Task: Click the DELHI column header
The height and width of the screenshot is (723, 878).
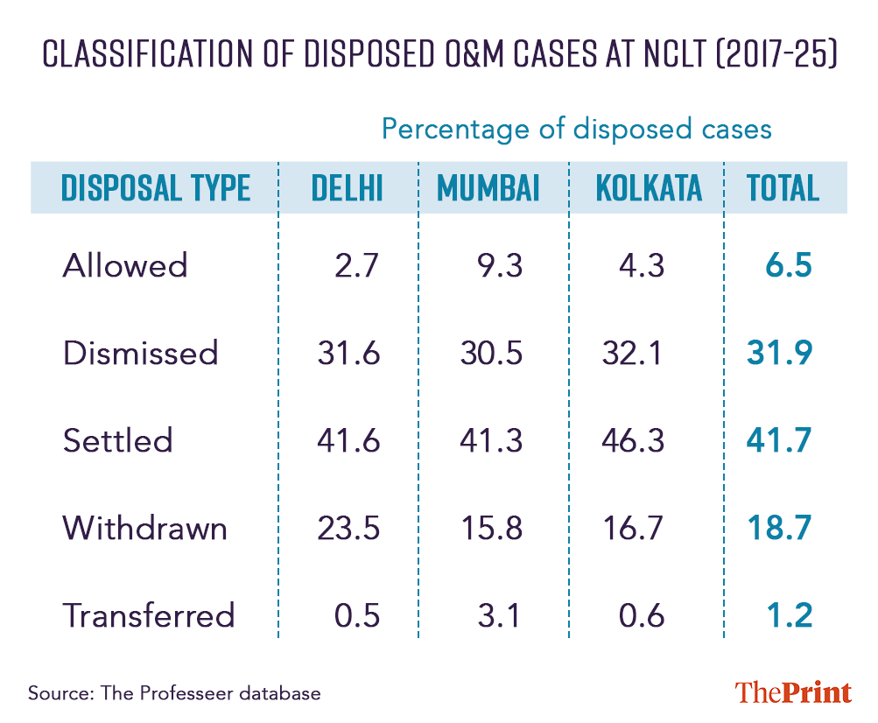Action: pos(348,187)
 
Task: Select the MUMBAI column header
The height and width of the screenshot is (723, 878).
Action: pos(488,187)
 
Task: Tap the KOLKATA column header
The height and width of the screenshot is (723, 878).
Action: pos(649,187)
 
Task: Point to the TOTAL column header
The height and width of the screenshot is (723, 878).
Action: pos(783,187)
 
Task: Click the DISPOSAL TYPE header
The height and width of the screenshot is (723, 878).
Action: pos(156,187)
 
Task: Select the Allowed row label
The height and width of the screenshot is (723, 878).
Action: pos(125,265)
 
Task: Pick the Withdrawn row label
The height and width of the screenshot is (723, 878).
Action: pos(145,528)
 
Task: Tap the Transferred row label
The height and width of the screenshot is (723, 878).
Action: pos(149,615)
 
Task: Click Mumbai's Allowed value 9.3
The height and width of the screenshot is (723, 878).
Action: pos(495,265)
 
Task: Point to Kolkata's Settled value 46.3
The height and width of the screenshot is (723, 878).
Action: pos(635,440)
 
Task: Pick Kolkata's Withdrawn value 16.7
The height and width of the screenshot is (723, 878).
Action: pos(635,528)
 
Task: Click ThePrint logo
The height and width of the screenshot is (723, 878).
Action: pos(793,692)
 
